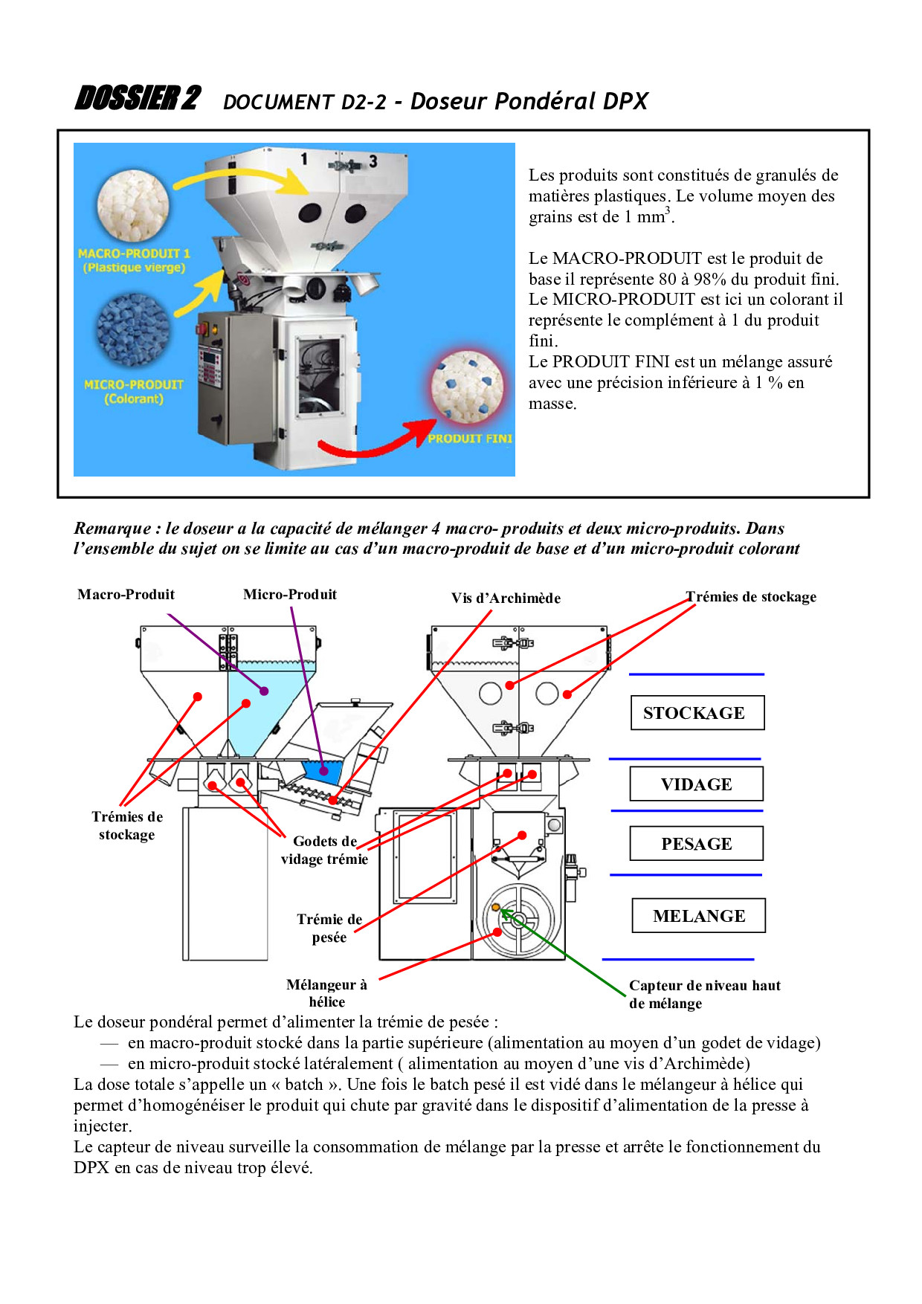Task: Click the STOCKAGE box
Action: click(x=697, y=713)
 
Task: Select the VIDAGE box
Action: click(x=696, y=784)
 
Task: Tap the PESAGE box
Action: click(x=696, y=844)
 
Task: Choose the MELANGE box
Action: click(x=698, y=916)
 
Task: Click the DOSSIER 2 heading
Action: click(x=138, y=99)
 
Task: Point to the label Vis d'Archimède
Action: click(x=506, y=598)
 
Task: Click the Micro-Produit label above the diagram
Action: click(x=290, y=595)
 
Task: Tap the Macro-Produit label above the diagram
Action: click(x=126, y=595)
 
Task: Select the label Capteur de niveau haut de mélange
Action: click(x=704, y=994)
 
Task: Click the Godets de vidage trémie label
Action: click(x=325, y=850)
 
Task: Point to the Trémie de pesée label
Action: click(x=329, y=928)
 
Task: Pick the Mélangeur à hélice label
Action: click(x=326, y=993)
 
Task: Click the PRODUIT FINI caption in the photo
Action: click(x=470, y=439)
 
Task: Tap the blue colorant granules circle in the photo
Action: click(x=133, y=329)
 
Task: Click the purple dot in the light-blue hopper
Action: click(x=264, y=691)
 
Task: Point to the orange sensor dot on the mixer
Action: click(x=495, y=907)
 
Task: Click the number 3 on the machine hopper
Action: click(x=373, y=161)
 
